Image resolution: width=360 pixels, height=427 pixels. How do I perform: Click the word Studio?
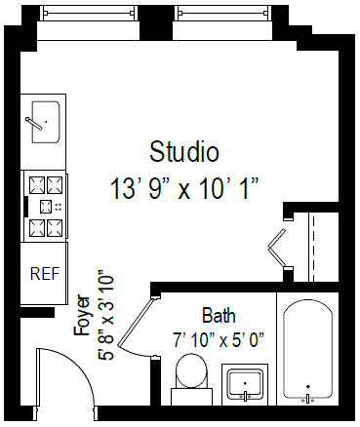click(183, 152)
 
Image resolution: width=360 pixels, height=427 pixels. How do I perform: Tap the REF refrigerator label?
click(43, 273)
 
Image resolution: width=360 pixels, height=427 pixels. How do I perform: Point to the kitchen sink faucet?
click(36, 124)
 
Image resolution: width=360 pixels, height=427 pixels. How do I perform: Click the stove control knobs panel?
click(44, 206)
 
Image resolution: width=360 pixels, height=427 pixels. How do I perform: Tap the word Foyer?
click(83, 315)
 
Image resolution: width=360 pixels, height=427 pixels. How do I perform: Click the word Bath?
click(219, 316)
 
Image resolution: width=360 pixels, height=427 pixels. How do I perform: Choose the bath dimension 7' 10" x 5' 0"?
click(219, 340)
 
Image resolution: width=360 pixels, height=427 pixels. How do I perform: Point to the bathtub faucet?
click(308, 397)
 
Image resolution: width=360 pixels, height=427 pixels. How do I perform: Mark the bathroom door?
click(140, 326)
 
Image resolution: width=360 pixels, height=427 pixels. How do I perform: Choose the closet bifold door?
click(281, 248)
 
